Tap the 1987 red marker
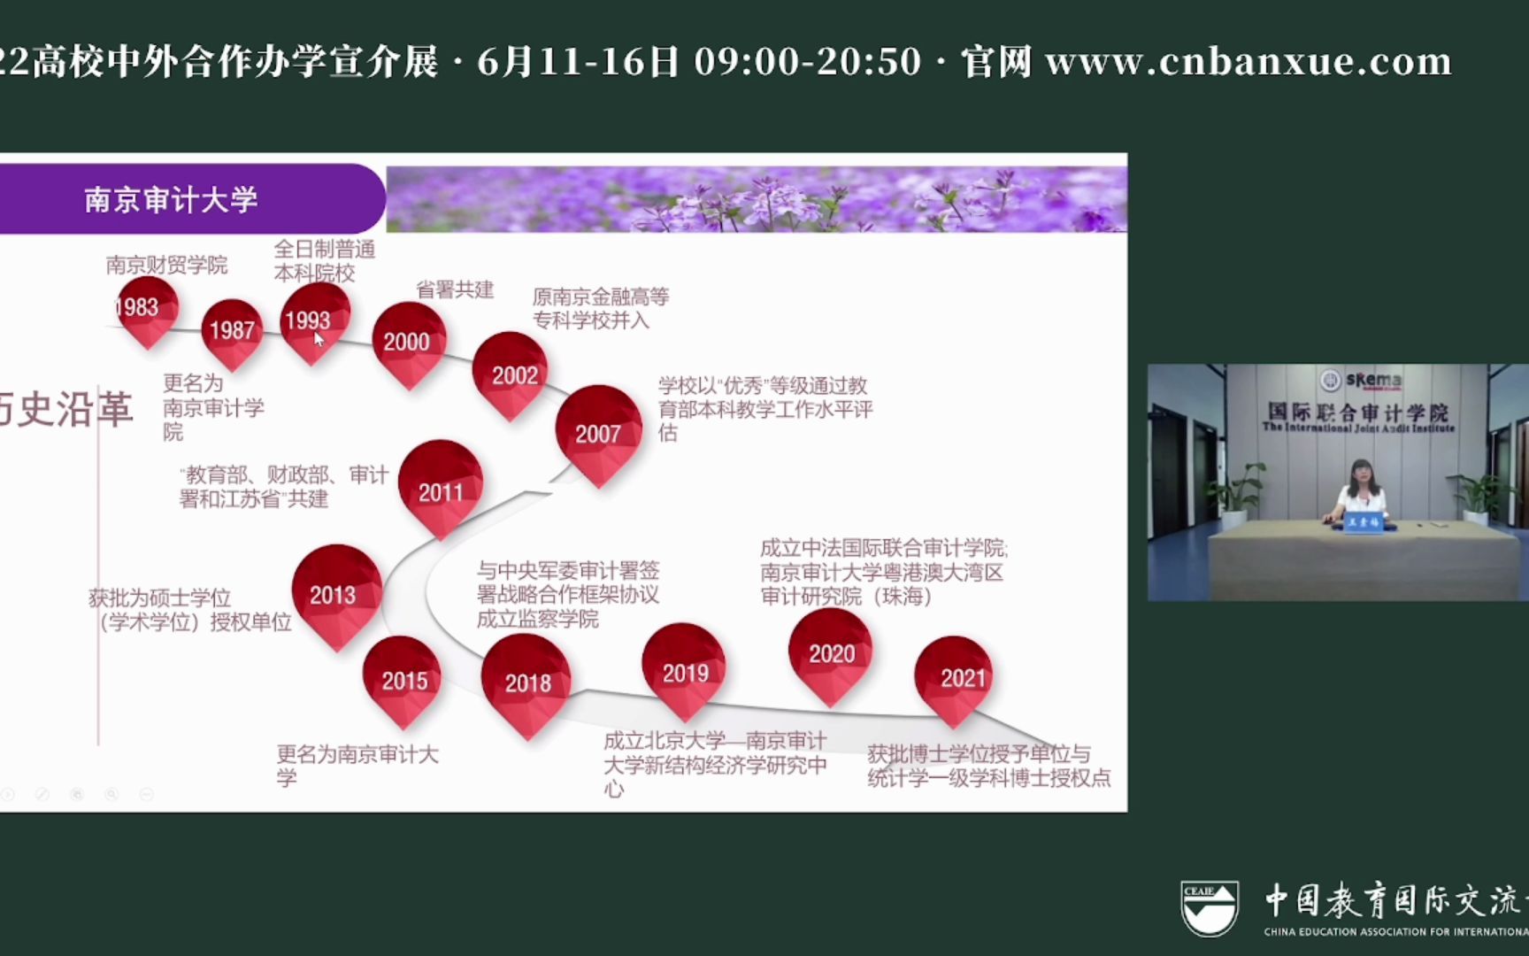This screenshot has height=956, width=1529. click(232, 332)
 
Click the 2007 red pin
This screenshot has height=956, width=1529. click(598, 434)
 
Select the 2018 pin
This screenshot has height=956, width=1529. click(527, 682)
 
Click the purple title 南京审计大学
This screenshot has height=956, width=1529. click(172, 199)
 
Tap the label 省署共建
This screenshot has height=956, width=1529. click(455, 289)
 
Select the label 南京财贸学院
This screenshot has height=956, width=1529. click(166, 265)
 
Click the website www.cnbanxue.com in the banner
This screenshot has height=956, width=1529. click(1249, 61)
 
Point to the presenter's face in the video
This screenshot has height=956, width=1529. click(1360, 475)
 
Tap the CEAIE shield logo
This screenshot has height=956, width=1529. click(1210, 908)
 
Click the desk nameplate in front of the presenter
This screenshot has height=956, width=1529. click(1364, 522)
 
